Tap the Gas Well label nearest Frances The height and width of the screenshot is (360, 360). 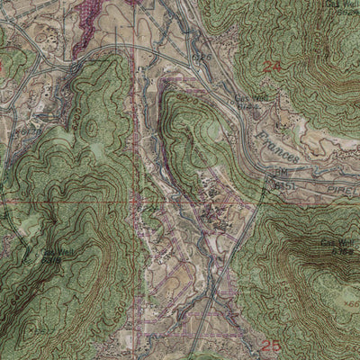[x=247, y=99]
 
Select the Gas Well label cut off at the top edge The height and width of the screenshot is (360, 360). [x=343, y=5]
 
